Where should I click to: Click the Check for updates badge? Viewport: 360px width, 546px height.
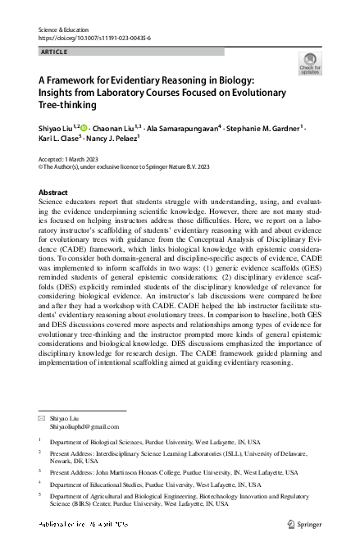pyautogui.click(x=310, y=64)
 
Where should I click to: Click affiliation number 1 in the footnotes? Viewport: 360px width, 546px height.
pyautogui.click(x=41, y=439)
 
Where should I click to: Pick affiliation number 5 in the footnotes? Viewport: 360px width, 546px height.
pyautogui.click(x=41, y=496)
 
